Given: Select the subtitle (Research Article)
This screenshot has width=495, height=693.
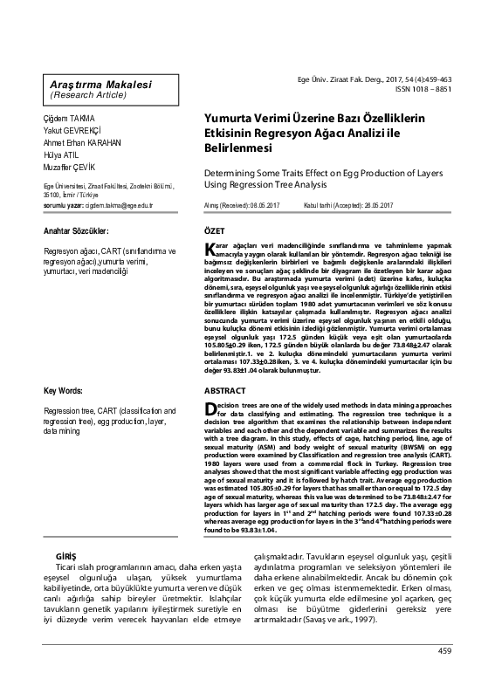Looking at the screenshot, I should tap(86, 94).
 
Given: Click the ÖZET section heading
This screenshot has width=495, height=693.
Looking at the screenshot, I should tap(214, 230).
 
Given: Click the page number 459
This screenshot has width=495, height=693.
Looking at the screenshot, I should tap(444, 675).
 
